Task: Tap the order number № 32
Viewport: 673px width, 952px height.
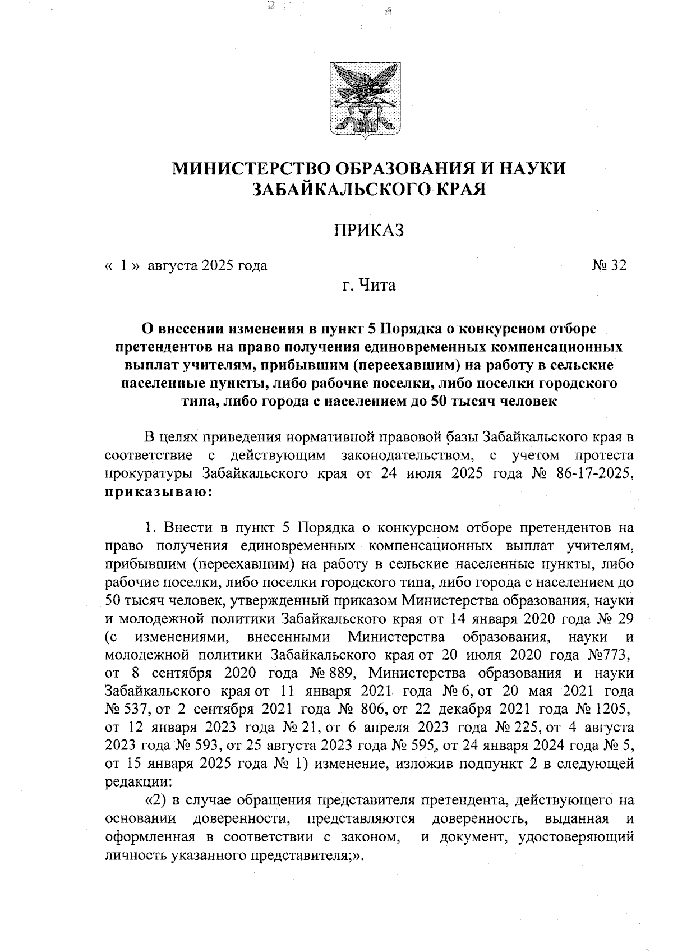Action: (608, 265)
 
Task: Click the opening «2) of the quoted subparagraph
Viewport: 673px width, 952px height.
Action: (155, 801)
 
